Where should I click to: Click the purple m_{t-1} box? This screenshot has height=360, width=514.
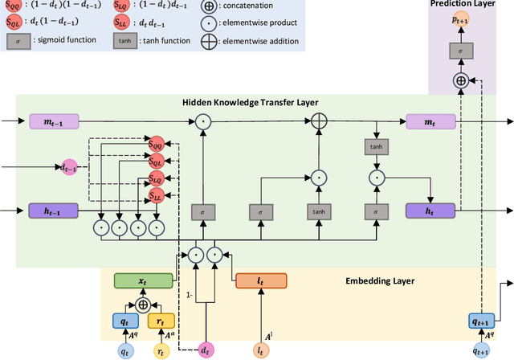pos(55,121)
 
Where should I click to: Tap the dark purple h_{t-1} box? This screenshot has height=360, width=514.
pos(55,211)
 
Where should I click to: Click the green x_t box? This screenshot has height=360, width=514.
pos(144,281)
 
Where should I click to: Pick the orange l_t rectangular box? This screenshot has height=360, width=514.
pos(260,281)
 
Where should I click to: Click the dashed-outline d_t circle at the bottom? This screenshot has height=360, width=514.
pos(209,350)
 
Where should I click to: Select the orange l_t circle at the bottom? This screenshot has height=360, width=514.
pos(260,350)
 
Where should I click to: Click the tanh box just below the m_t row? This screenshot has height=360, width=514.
pos(375,146)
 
